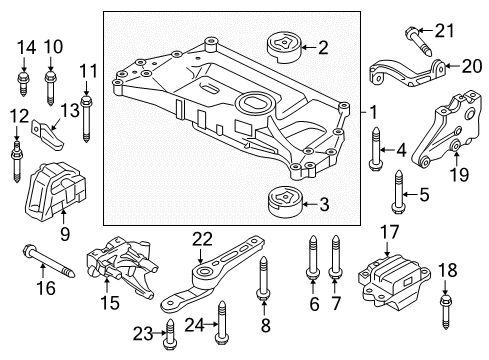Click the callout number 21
click(x=444, y=31)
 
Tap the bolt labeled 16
click(x=49, y=263)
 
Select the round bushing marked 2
click(x=284, y=47)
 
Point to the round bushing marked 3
click(x=285, y=202)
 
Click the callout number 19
click(x=460, y=174)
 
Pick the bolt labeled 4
click(x=376, y=148)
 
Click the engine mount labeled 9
click(x=55, y=191)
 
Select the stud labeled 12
click(x=16, y=161)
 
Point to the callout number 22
click(x=203, y=239)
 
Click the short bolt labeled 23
click(x=170, y=334)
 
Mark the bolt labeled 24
click(x=222, y=322)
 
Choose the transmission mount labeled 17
click(x=394, y=280)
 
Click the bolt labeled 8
click(x=263, y=277)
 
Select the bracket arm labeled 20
click(x=408, y=73)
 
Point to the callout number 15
click(x=110, y=302)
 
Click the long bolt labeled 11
click(x=86, y=119)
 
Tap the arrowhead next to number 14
click(x=23, y=67)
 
